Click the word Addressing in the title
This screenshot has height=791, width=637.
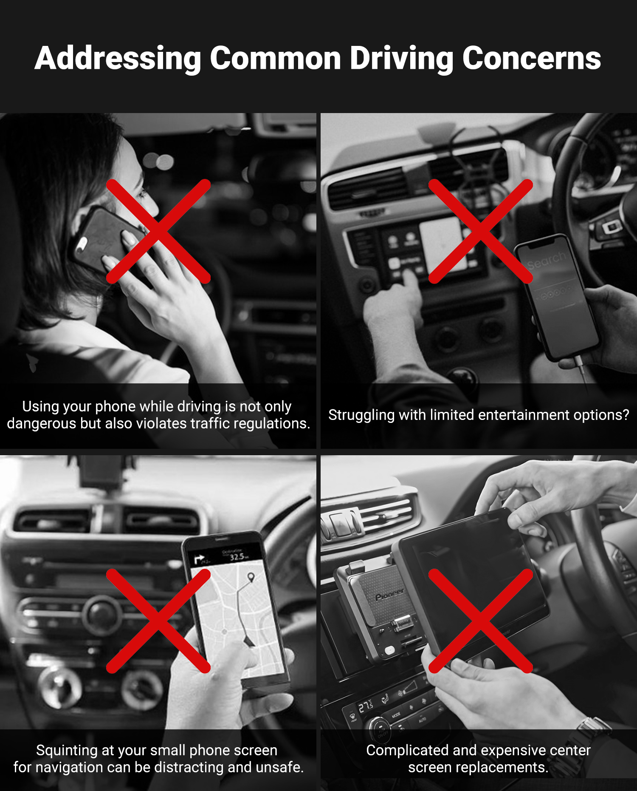pyautogui.click(x=118, y=58)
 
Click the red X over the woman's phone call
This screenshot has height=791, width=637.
pyautogui.click(x=158, y=231)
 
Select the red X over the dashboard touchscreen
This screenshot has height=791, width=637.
pyautogui.click(x=481, y=231)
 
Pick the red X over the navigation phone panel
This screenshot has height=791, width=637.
pyautogui.click(x=158, y=621)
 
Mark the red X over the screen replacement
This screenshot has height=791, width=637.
pyautogui.click(x=481, y=621)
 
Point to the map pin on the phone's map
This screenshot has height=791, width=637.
pyautogui.click(x=251, y=577)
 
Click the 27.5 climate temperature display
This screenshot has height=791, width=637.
pyautogui.click(x=366, y=707)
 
